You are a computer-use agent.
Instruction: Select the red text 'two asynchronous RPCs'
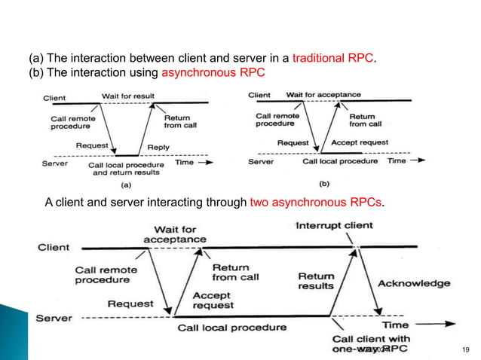316,203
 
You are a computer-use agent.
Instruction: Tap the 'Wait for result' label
129,96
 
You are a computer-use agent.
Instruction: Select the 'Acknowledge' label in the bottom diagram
413,283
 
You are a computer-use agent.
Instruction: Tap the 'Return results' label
316,281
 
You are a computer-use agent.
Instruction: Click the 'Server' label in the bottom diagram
54,318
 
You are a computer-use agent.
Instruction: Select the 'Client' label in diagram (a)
55,98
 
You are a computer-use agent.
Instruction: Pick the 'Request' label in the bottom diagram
130,304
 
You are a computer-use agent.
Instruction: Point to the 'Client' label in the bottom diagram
53,247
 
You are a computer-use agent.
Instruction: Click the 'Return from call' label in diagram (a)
179,121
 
